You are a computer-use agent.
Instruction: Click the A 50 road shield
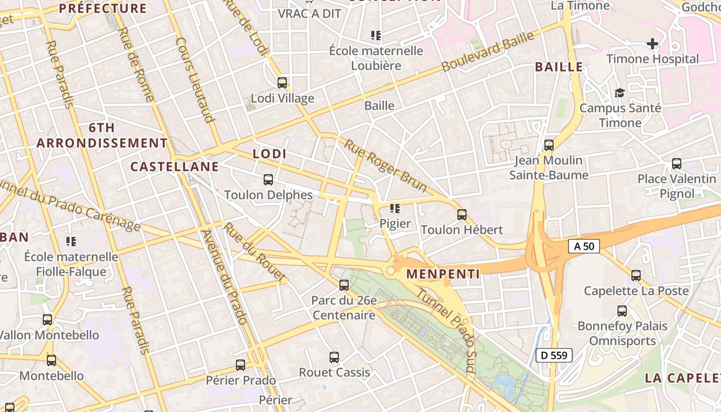(584, 246)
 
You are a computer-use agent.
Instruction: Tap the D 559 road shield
(554, 355)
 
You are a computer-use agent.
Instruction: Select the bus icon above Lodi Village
(282, 82)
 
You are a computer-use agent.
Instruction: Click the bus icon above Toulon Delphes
(268, 179)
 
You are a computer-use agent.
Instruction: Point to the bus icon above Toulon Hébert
(462, 214)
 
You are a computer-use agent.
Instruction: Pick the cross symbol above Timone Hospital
(653, 43)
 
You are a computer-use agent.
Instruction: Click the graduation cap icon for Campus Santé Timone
(620, 93)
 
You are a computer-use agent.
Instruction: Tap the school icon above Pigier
(395, 208)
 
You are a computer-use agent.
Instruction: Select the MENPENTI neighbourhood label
(443, 274)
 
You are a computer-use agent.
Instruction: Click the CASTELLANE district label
(175, 166)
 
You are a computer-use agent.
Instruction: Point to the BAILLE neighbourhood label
(559, 67)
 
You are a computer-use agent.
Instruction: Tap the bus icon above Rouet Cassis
(334, 357)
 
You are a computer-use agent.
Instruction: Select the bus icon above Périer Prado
(241, 365)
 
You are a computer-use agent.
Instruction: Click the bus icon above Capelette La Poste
(636, 276)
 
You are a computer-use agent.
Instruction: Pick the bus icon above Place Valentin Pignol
(677, 164)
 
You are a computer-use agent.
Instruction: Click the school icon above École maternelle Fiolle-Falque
(71, 241)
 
